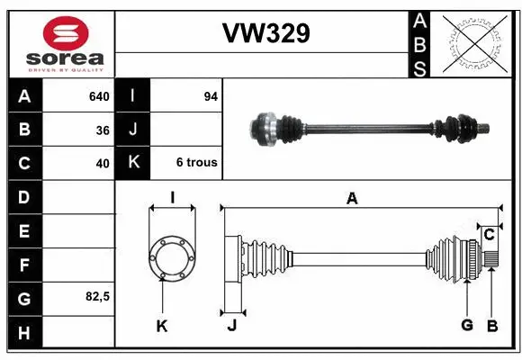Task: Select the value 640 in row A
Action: click(x=98, y=96)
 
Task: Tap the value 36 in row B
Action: click(x=103, y=130)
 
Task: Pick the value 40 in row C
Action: click(x=103, y=163)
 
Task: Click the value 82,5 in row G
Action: click(x=96, y=296)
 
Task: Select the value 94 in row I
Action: click(x=211, y=96)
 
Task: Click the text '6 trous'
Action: click(x=197, y=163)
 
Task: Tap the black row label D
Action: click(x=23, y=196)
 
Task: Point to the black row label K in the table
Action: click(x=134, y=163)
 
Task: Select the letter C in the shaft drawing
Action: click(x=489, y=235)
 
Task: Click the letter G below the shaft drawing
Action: click(x=466, y=326)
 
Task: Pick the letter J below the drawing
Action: click(x=231, y=326)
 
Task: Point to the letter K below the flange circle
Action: click(x=162, y=326)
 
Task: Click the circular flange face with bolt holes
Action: click(x=171, y=256)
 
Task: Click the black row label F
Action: click(x=23, y=264)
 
